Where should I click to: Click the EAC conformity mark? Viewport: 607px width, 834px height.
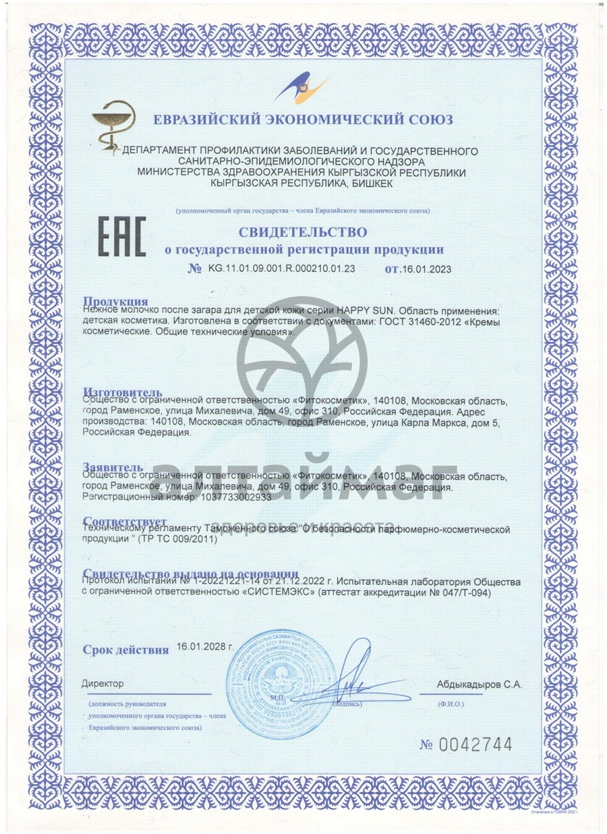click(122, 238)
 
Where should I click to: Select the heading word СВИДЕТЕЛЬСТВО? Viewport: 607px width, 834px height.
click(302, 232)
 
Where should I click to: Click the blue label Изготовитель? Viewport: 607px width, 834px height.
click(123, 392)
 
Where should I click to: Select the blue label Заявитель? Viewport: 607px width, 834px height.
click(113, 467)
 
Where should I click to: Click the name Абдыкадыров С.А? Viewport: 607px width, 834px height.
click(479, 684)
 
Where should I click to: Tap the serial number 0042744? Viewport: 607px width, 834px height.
click(475, 745)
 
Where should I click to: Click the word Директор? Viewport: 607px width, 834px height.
click(103, 684)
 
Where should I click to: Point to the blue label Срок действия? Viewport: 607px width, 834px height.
click(125, 650)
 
